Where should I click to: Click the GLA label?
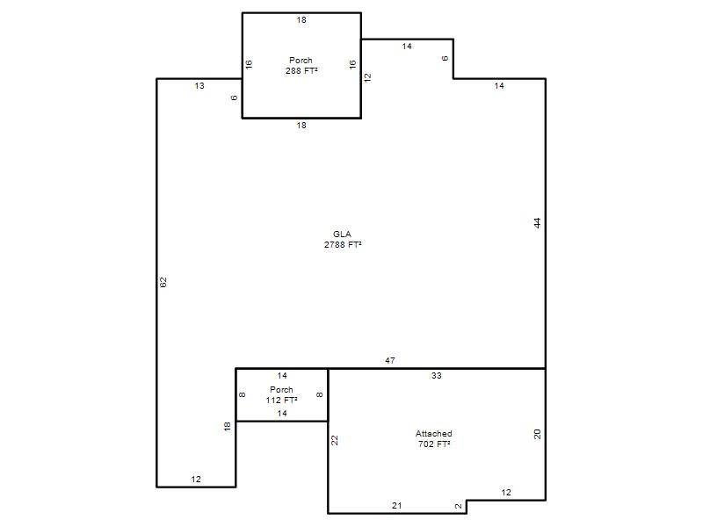coord(342,234)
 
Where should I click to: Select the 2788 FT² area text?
coord(343,245)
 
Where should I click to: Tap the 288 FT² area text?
coord(301,71)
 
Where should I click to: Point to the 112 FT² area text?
coord(281,401)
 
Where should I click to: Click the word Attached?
coord(433,433)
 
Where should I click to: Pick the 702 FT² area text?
coord(434,444)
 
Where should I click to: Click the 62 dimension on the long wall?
coord(163,282)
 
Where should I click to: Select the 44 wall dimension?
coord(538,223)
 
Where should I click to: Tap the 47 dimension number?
coord(390,360)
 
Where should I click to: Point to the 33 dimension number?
coord(437,376)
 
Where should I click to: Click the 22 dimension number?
coord(335,441)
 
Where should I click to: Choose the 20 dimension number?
coord(538,434)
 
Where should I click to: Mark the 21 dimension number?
coord(397,506)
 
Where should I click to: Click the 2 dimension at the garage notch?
coord(458,507)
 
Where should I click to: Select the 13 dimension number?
coord(199,85)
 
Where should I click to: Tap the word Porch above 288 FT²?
coord(301,60)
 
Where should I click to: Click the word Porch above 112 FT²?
coord(281,389)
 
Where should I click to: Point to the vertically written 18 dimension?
coord(228,426)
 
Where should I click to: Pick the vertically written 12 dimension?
coord(367,77)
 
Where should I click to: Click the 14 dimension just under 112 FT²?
coord(282,413)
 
